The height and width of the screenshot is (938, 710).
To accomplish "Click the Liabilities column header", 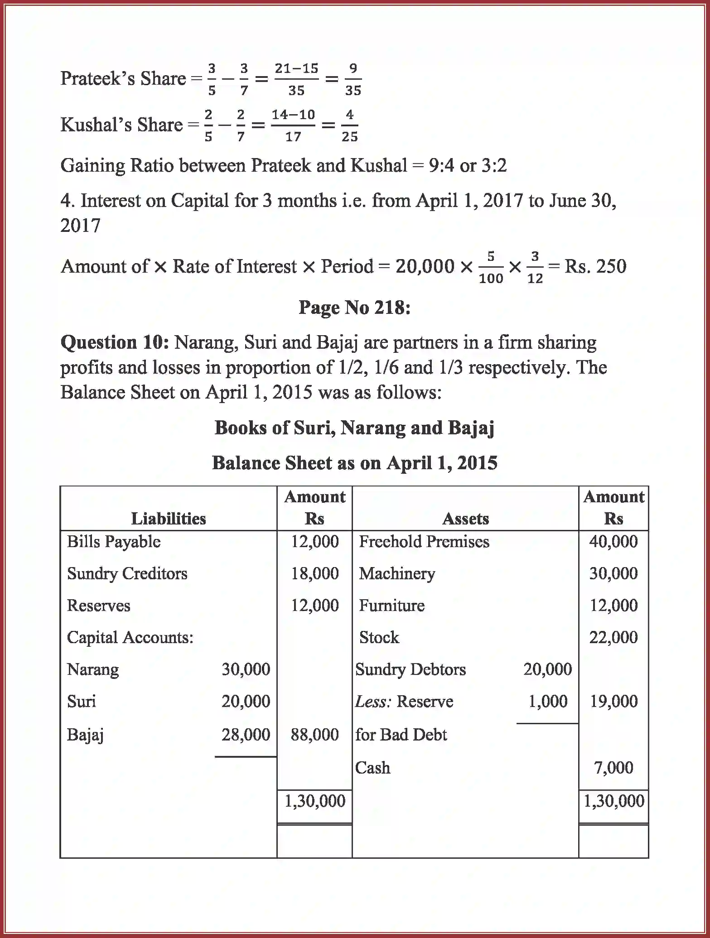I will (x=168, y=518).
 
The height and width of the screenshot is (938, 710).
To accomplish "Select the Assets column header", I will (x=465, y=518).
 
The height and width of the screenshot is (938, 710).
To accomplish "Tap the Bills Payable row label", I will (x=113, y=542).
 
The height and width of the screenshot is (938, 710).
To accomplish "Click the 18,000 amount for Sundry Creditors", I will (x=314, y=573).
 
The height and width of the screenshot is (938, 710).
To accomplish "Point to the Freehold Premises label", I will (x=424, y=542).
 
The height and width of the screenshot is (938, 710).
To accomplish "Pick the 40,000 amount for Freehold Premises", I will (x=613, y=542).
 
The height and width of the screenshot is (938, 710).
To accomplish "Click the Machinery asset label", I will (x=397, y=573).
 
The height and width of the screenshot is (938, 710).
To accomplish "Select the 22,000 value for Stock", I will (x=613, y=637).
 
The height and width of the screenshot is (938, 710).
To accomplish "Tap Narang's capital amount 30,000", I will (x=246, y=669).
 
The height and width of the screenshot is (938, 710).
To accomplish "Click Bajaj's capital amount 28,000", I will (x=246, y=734).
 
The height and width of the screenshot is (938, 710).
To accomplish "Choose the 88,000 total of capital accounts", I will (x=314, y=734).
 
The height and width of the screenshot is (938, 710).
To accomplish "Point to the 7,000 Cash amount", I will (x=613, y=767).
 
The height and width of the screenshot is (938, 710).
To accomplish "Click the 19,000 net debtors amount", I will (x=613, y=702).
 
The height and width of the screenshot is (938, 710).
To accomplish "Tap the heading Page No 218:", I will (x=354, y=308).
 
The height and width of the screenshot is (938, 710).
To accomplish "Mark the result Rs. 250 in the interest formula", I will (x=595, y=266).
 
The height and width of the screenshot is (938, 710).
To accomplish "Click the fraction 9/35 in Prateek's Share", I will (x=353, y=79).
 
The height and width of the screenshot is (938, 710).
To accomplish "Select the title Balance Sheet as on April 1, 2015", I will (x=354, y=463).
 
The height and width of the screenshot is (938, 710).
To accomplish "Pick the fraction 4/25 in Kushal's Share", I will (x=349, y=125).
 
